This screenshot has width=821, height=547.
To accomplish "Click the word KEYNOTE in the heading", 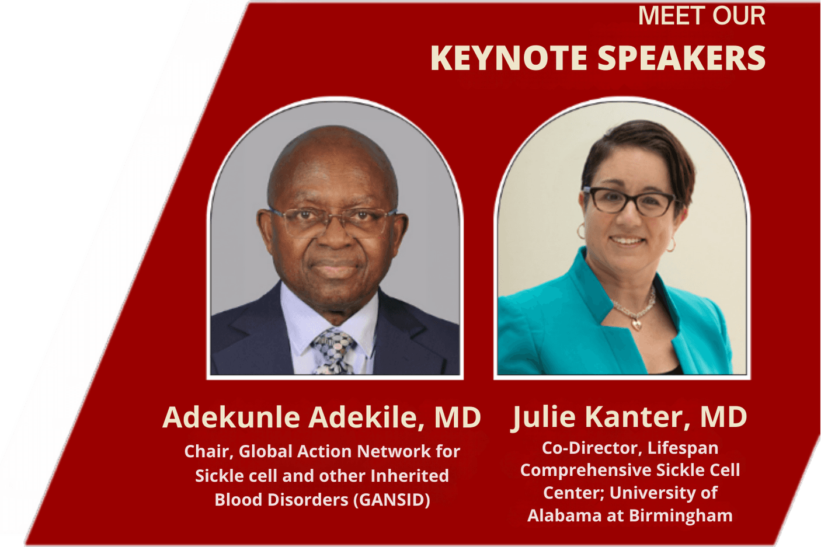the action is click(x=509, y=58).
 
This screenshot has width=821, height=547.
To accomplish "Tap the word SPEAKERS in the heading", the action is click(x=681, y=58).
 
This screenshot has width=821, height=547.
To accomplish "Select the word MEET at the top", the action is click(x=667, y=16).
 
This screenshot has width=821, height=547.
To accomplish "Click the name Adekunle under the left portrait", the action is click(x=231, y=417).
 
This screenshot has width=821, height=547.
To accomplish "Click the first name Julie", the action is click(x=544, y=417).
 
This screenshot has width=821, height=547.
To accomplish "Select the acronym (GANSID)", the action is click(x=392, y=500).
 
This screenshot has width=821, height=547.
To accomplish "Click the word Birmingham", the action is click(x=681, y=515).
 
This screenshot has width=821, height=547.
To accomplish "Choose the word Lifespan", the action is click(x=683, y=448).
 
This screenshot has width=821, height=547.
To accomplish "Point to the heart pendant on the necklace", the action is click(x=637, y=324).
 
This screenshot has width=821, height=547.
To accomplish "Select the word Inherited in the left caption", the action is click(x=410, y=476).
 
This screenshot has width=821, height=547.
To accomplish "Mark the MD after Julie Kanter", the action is click(x=723, y=417).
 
